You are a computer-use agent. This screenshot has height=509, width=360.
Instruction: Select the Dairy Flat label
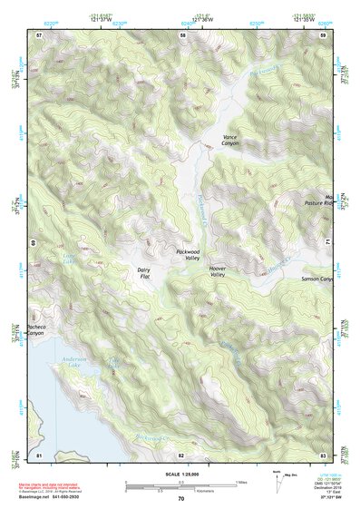[x=143, y=272]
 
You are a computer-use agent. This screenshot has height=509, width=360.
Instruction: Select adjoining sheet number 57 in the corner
[x=39, y=34]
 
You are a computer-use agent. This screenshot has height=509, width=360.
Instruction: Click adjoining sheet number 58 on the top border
[x=182, y=34]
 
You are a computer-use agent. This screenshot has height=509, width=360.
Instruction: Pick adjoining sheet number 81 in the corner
[x=39, y=453]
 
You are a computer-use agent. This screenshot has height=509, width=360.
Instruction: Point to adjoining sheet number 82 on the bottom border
[x=181, y=453]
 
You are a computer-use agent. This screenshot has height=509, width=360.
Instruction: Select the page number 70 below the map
[x=180, y=498]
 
